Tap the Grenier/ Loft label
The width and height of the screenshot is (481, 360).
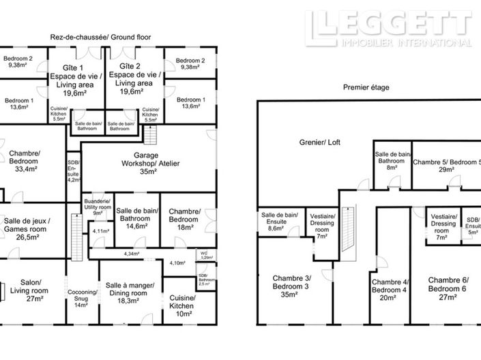314,143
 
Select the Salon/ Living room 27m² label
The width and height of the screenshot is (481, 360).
25,290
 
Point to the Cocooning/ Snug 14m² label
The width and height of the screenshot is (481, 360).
82,299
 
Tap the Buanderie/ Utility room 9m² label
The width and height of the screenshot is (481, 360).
98,207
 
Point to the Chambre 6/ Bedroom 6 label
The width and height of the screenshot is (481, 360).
448,287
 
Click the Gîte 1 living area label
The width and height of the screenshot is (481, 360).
72,80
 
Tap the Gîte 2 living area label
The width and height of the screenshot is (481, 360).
133,80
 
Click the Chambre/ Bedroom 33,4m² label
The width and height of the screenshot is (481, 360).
25,161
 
